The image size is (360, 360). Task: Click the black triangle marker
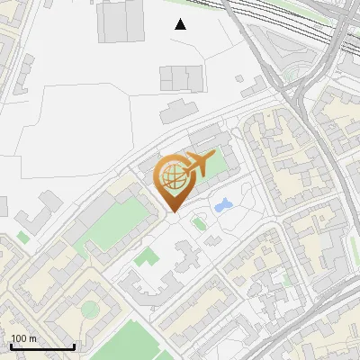pos(180,23)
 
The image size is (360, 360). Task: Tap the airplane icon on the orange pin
pos(196,164)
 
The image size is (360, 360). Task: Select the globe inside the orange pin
pos(173,175)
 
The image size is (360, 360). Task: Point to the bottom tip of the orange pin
pos(173,212)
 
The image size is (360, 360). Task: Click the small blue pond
pos(222,206)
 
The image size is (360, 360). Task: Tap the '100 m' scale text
pos(23,339)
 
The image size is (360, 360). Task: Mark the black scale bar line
pos(42,347)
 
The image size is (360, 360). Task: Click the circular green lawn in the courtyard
pos(88,310)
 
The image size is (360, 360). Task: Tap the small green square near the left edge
pos(22,238)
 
